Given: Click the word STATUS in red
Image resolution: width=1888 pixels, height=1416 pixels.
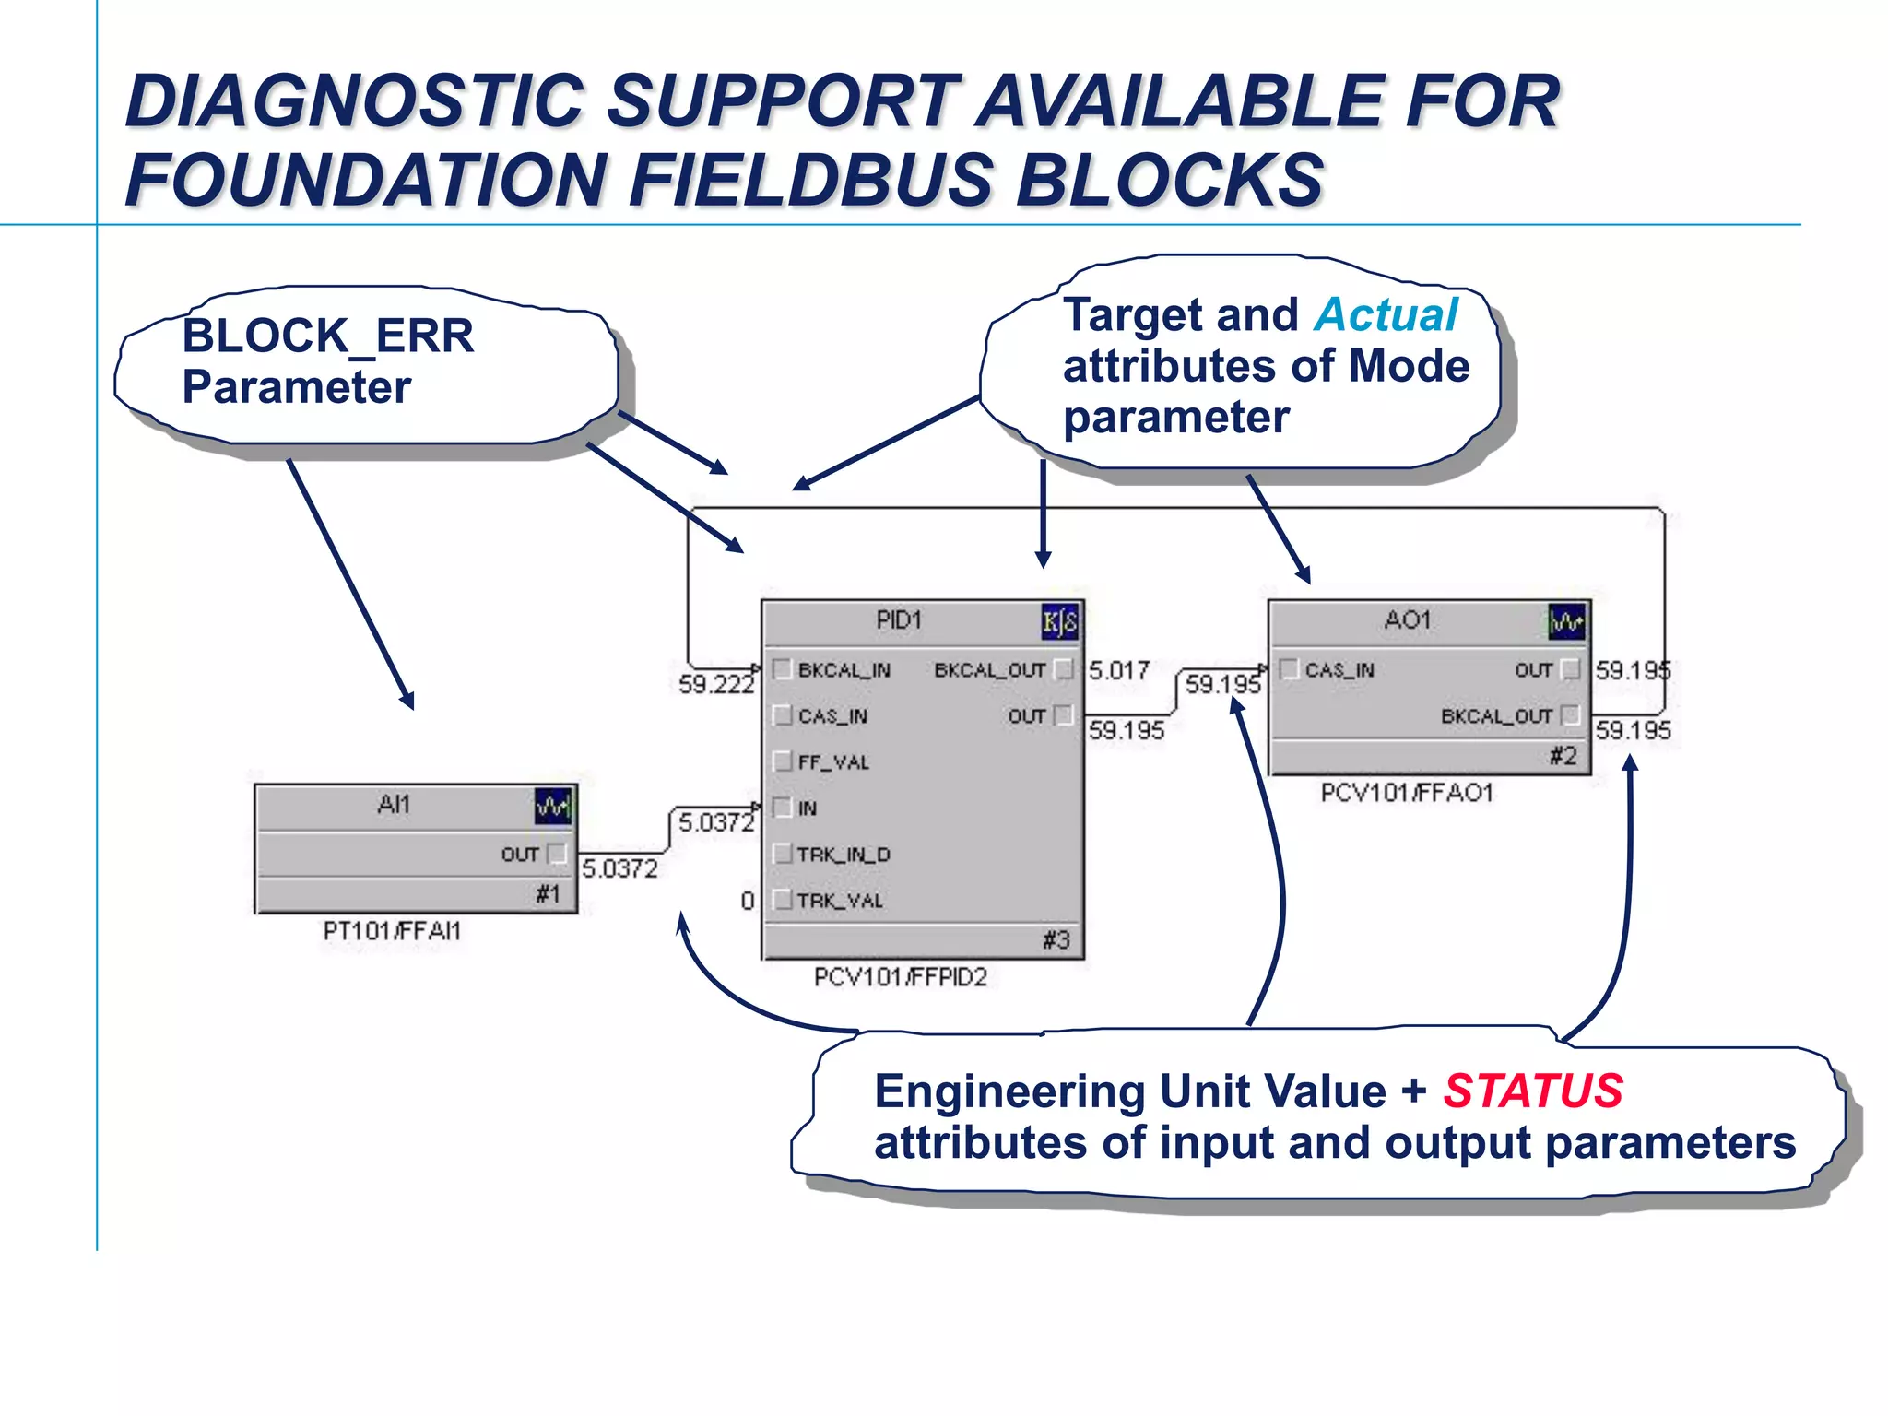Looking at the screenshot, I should (1532, 1091).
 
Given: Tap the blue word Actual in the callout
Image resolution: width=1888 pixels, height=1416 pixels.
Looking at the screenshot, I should (1386, 315).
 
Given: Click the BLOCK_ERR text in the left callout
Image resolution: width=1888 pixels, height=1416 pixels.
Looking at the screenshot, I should (328, 336).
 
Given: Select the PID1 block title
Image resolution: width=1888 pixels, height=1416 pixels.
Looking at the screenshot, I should (899, 620).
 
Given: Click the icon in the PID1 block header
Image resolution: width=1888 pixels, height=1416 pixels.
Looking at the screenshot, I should (1059, 622).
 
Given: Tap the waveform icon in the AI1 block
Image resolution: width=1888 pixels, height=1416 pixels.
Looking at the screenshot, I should (553, 807).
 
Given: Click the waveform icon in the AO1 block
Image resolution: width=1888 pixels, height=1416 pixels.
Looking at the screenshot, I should (1566, 622).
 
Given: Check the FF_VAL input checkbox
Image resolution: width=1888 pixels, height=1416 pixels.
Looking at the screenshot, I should (783, 761).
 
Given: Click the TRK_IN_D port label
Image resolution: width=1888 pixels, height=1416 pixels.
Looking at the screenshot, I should (844, 855).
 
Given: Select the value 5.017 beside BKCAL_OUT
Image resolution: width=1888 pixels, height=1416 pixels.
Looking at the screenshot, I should (1118, 670).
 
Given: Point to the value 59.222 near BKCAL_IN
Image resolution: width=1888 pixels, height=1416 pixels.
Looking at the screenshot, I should (715, 684).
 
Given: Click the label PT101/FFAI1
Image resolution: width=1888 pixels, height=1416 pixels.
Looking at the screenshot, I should (392, 931).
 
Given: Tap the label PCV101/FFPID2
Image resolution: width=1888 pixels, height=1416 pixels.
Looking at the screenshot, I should (900, 977).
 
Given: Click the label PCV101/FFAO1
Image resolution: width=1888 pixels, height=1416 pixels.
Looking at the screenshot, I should (1406, 793).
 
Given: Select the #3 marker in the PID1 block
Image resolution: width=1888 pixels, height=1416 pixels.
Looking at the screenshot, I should (1056, 940).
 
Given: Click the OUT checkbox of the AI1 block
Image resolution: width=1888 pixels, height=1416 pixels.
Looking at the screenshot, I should (557, 854).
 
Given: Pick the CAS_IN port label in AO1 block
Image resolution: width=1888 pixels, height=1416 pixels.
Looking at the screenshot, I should (1339, 670).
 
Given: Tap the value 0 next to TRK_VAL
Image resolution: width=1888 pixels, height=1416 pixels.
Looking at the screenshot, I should (748, 901).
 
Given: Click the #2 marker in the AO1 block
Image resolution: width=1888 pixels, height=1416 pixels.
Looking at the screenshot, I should (1563, 757).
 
